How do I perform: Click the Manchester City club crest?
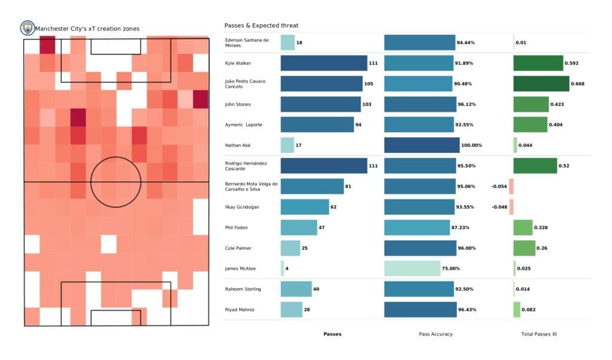tap(27, 28)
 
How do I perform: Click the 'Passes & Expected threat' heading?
tap(261, 26)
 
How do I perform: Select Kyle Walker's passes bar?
tap(323, 63)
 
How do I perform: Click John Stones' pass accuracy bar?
tap(419, 104)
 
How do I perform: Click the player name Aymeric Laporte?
tap(243, 125)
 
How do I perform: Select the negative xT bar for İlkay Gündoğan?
tap(511, 207)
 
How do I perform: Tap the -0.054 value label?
tap(499, 187)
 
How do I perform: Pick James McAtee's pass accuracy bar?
tap(412, 269)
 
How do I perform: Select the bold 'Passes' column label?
tap(332, 334)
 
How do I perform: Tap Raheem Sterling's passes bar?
tap(296, 289)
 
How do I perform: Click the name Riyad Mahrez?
tap(240, 309)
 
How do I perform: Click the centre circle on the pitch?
tap(116, 182)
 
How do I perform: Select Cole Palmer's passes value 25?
tap(304, 248)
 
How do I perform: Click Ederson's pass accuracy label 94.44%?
tap(466, 43)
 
